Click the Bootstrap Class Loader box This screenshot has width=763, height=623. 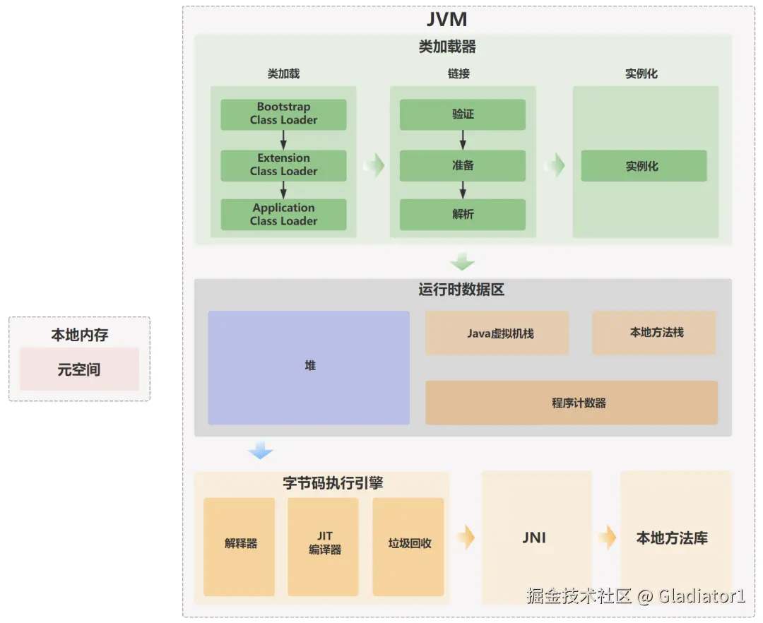pyautogui.click(x=283, y=114)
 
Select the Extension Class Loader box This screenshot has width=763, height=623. pyautogui.click(x=283, y=165)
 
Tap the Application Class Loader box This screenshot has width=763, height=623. pyautogui.click(x=283, y=215)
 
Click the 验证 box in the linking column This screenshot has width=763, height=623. pyautogui.click(x=462, y=114)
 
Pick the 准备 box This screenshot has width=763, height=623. pyautogui.click(x=462, y=165)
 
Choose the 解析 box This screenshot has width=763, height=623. pyautogui.click(x=462, y=215)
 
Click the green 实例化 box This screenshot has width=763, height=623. pyautogui.click(x=644, y=166)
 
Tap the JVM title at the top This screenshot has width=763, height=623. pyautogui.click(x=446, y=20)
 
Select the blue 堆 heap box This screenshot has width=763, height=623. pyautogui.click(x=309, y=368)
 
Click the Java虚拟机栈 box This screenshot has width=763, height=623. pyautogui.click(x=497, y=333)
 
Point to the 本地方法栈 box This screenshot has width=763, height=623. pyautogui.click(x=654, y=333)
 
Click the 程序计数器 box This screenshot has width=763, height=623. pyautogui.click(x=572, y=403)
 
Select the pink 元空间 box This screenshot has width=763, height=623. pyautogui.click(x=79, y=369)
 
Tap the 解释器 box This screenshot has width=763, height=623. pyautogui.click(x=239, y=547)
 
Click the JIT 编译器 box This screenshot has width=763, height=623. pyautogui.click(x=323, y=547)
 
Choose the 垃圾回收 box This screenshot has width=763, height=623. pyautogui.click(x=408, y=547)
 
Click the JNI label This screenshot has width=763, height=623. pyautogui.click(x=534, y=538)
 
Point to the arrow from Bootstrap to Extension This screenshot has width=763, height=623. pyautogui.click(x=283, y=140)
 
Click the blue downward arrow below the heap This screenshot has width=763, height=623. pyautogui.click(x=260, y=450)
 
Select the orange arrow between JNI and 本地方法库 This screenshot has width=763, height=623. pyautogui.click(x=607, y=538)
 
